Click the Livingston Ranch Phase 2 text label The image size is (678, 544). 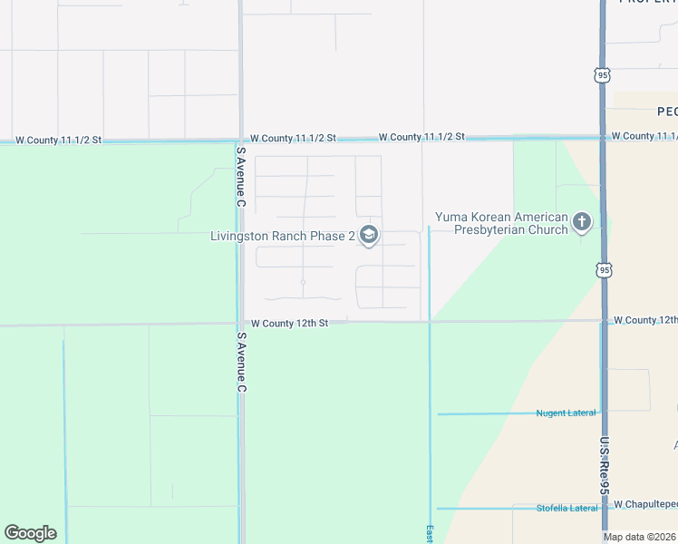tap(283, 237)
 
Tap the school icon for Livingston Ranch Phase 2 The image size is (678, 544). tap(368, 236)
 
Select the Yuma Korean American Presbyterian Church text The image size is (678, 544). tap(501, 223)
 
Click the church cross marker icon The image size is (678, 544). tap(582, 221)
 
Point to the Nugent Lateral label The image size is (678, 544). tap(566, 413)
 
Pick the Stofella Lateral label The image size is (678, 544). tap(567, 507)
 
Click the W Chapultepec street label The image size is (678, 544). tap(645, 503)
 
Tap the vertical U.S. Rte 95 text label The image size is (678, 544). tap(605, 466)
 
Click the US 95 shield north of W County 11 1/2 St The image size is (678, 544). tap(603, 76)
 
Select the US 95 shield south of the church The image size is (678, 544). tap(605, 269)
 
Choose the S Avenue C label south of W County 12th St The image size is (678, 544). tap(241, 362)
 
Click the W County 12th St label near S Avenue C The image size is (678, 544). tap(288, 323)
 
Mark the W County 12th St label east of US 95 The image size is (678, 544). tap(644, 320)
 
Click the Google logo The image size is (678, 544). tap(30, 533)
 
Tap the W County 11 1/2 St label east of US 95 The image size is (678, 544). tap(644, 136)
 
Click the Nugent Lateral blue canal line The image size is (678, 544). tap(489, 414)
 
